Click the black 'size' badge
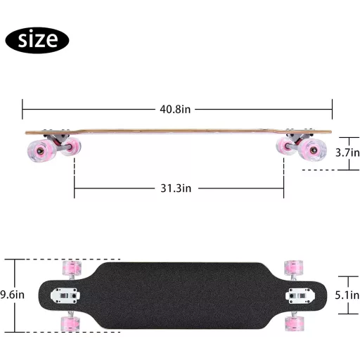[37, 39]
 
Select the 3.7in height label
[347, 152]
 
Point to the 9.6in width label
[12, 294]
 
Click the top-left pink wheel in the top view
[71, 268]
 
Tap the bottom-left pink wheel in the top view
[71, 322]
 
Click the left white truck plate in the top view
[69, 296]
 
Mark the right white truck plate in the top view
[294, 296]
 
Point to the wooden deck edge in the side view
[176, 131]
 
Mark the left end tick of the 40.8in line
[22, 109]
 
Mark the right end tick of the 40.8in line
[332, 109]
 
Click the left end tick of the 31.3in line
[75, 188]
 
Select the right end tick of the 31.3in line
[284, 188]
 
